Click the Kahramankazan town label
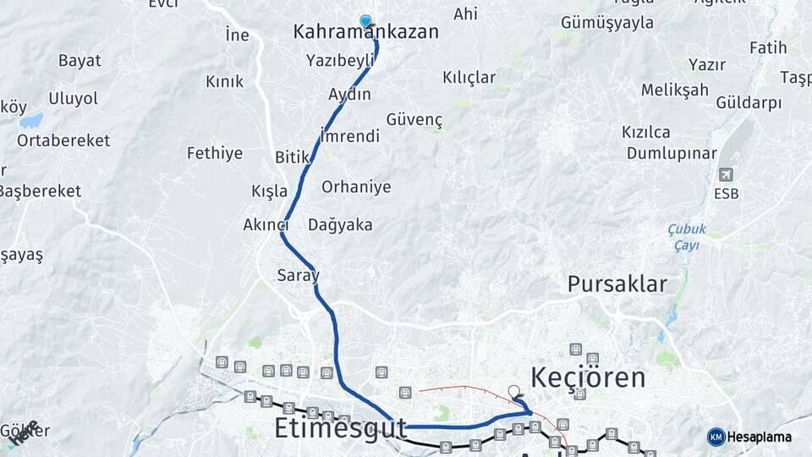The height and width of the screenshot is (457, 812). coord(365,32)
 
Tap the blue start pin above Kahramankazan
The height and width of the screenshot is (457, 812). coord(365,21)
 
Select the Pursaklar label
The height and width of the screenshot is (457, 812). coord(617,284)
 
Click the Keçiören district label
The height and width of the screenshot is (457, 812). coord(588,377)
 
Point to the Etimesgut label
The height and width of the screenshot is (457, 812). coord(341,428)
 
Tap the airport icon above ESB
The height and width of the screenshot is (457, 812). coord(725,175)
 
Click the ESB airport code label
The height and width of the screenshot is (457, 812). coord(726,194)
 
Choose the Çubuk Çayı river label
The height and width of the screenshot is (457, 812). coord(686,236)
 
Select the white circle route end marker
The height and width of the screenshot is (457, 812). coord(513,391)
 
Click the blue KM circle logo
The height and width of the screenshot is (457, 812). coord(716,437)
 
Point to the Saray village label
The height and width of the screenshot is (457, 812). coord(298,275)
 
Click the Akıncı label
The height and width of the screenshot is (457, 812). coord(266,225)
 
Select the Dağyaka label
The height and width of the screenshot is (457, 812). coord(340,225)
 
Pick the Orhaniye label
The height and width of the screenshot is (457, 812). coord(356,187)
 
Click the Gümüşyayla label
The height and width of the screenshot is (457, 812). coord(607,23)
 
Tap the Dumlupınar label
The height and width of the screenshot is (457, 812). coord(672,153)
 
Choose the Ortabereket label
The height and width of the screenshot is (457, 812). coord(63,140)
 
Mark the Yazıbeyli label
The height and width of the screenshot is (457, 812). coord(340,60)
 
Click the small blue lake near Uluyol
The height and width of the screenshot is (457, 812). coord(31,121)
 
